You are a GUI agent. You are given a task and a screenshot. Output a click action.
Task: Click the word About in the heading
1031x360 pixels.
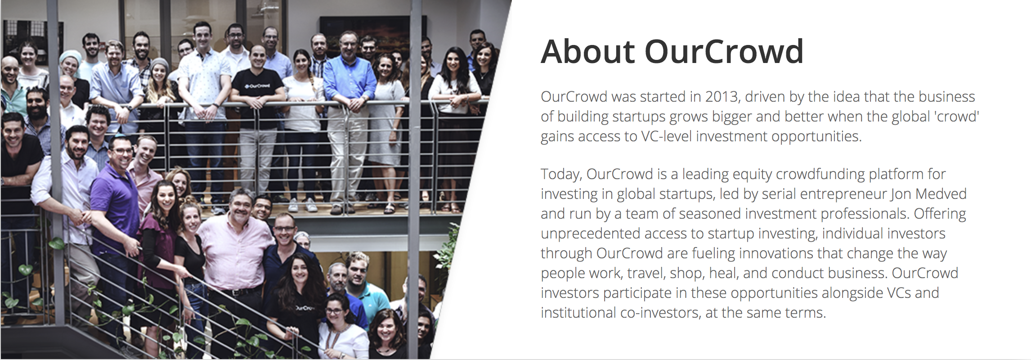(x=587, y=52)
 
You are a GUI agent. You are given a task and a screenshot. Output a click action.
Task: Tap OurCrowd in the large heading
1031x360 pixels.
(x=724, y=52)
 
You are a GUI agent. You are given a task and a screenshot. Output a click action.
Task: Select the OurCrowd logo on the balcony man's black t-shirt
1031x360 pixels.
(x=257, y=85)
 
